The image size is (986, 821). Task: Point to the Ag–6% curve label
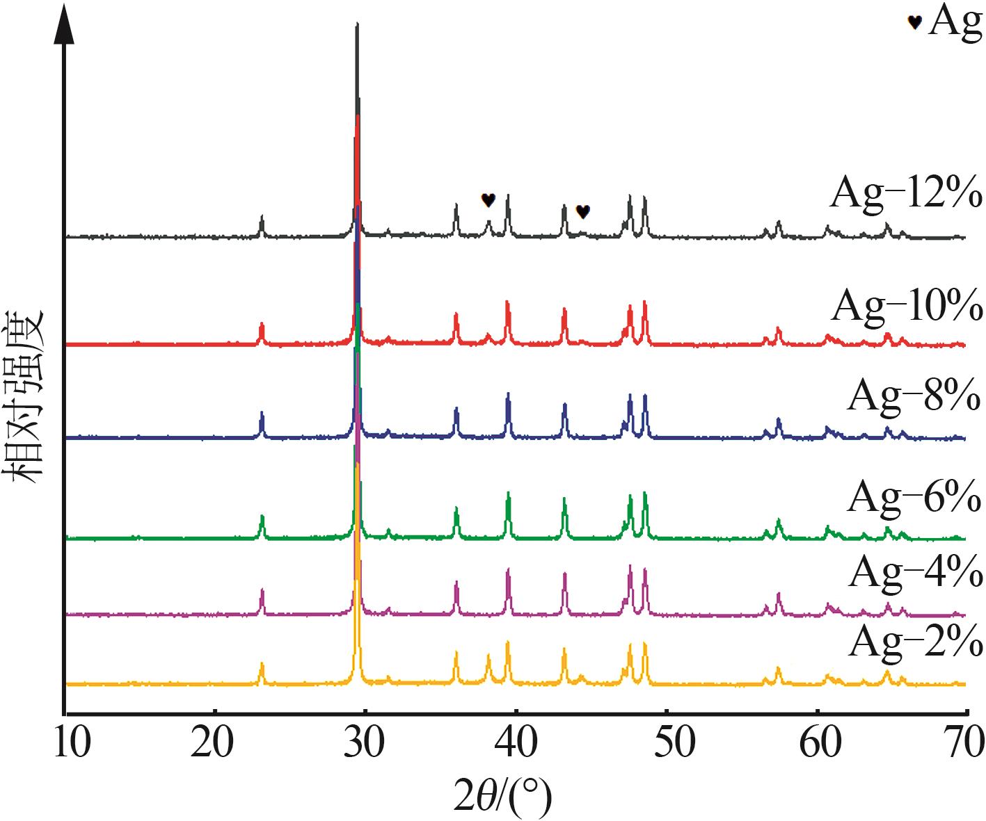[x=914, y=496]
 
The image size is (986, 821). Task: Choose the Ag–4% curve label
[x=914, y=573]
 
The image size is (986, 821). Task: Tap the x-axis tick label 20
[x=216, y=743]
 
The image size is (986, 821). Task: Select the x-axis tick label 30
[x=366, y=743]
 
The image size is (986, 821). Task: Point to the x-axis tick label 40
[x=516, y=743]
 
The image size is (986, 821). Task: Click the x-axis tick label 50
[x=667, y=743]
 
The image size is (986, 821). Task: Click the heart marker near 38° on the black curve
[x=488, y=200]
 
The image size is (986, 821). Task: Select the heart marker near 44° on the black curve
[x=583, y=211]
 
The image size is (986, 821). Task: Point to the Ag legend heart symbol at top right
[x=914, y=22]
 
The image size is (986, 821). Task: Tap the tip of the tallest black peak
[x=357, y=25]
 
